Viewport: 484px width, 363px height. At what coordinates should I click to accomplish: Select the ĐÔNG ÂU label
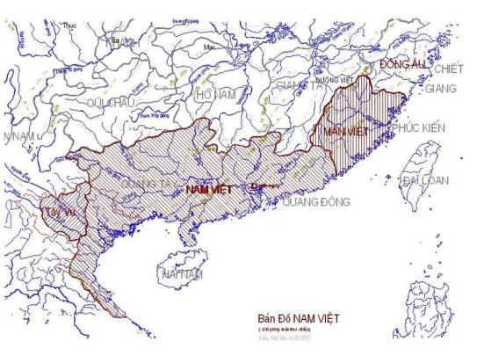point(401,64)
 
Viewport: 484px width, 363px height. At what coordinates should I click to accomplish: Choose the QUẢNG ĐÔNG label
point(316,201)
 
